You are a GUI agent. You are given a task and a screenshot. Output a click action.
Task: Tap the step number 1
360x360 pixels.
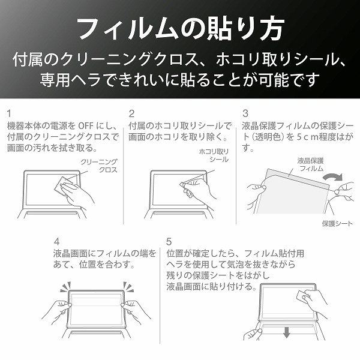tap(9, 113)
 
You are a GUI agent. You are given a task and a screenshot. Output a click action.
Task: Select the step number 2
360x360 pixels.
tap(131, 113)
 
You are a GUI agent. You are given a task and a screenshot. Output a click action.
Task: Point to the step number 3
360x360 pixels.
tap(245, 113)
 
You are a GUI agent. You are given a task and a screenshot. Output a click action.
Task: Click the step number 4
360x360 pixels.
tap(57, 242)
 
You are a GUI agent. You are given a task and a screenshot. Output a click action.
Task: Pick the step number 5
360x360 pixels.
tap(169, 242)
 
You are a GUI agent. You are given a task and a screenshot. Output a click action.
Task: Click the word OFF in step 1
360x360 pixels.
tap(86, 126)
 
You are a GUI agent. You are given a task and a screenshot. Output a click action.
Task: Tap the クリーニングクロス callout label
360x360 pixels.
tap(99, 166)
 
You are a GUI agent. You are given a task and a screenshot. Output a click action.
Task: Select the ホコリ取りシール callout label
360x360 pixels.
tap(214, 155)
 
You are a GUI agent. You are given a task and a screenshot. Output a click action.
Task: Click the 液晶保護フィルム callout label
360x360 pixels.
tap(311, 164)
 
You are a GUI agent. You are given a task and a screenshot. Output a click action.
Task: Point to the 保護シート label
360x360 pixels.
tap(337, 223)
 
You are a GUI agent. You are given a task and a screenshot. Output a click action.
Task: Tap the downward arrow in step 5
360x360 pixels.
tap(286, 332)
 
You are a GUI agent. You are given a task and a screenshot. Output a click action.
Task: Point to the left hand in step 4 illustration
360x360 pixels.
tap(57, 311)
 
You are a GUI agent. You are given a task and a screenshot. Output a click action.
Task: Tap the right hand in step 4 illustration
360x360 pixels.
tap(136, 311)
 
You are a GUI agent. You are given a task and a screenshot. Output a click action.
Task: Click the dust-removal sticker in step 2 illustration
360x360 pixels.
tap(183, 185)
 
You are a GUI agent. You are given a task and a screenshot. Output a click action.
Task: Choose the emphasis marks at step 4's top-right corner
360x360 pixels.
tap(128, 287)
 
